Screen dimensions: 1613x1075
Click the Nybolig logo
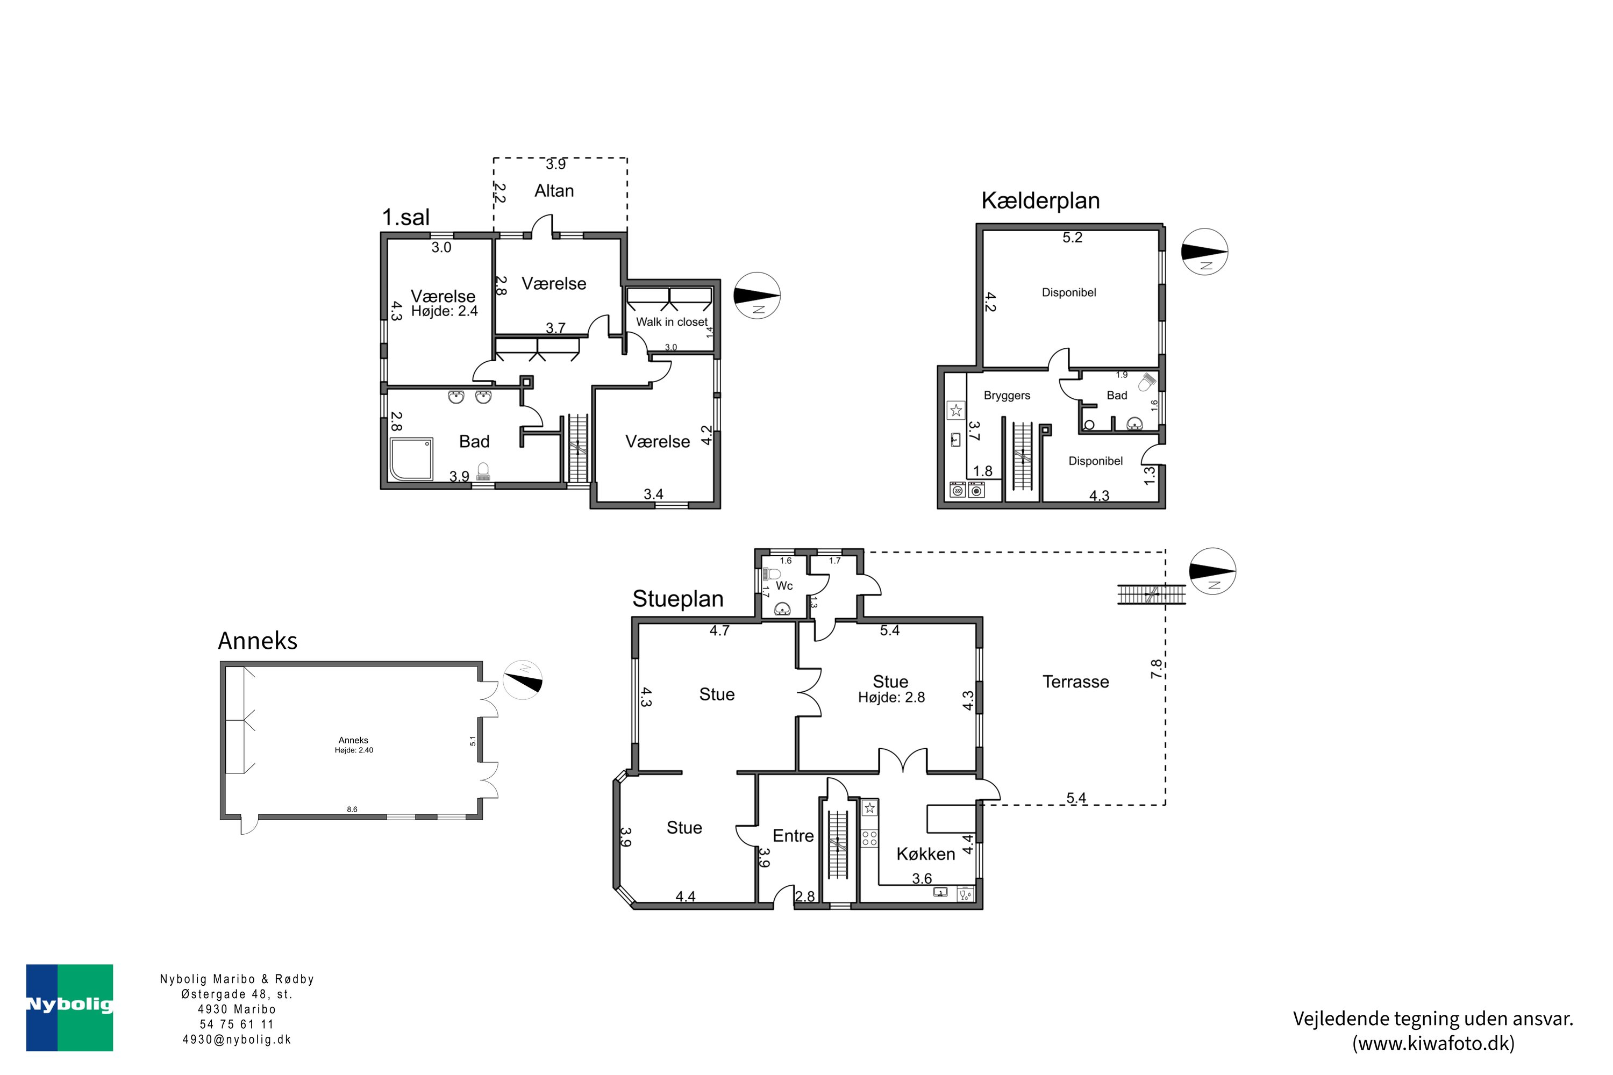click(69, 1007)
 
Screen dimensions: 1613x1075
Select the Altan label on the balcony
click(554, 191)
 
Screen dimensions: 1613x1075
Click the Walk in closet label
click(672, 321)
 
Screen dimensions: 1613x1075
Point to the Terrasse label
click(1075, 682)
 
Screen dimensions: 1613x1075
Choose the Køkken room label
click(926, 854)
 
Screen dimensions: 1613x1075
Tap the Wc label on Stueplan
click(784, 585)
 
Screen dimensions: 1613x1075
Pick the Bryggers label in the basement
click(1007, 396)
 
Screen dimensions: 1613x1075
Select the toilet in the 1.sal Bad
click(483, 471)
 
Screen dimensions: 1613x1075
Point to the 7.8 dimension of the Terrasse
click(1157, 669)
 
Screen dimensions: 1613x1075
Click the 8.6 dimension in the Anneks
click(352, 809)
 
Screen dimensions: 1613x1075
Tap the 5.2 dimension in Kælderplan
click(1073, 237)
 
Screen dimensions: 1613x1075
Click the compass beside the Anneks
click(523, 679)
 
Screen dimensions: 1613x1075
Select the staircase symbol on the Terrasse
click(1152, 594)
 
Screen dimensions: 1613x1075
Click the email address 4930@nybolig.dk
click(237, 1040)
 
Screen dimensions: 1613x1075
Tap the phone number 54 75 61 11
click(237, 1024)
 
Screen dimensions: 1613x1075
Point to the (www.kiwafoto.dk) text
click(1433, 1043)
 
